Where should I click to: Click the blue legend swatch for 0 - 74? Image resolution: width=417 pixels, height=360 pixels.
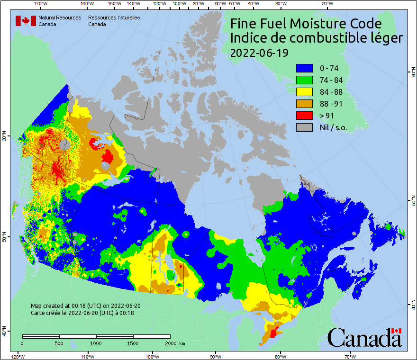(x=303, y=68)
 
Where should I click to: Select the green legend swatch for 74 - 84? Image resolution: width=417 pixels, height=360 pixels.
(x=303, y=80)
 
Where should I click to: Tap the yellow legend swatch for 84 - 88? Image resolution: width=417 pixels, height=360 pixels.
(x=303, y=92)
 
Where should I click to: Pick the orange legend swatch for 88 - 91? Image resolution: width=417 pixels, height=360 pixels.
(x=303, y=104)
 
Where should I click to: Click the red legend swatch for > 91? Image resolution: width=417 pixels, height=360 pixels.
(x=303, y=115)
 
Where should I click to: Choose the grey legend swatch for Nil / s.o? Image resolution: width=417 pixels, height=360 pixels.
(x=303, y=127)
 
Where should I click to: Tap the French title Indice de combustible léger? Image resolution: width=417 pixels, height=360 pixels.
(x=316, y=38)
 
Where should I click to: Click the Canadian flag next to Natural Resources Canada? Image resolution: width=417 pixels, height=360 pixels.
(x=26, y=21)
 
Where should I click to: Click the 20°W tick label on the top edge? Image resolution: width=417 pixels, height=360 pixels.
(x=326, y=4)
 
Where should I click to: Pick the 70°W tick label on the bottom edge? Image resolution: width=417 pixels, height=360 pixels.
(x=350, y=356)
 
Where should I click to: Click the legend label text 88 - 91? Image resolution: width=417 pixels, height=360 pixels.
(x=332, y=104)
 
